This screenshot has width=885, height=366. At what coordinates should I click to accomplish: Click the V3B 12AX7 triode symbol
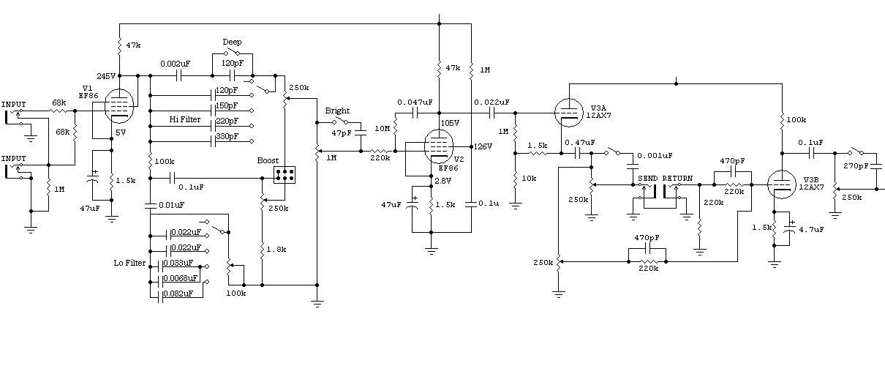tap(782, 179)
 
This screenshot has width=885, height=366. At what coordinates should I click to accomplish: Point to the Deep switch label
tap(232, 42)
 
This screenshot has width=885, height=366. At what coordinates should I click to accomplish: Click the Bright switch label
tap(337, 111)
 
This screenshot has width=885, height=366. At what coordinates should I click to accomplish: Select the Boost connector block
tap(285, 175)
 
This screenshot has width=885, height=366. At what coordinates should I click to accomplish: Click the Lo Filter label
tap(129, 264)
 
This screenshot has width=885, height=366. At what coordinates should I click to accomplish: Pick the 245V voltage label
tap(106, 76)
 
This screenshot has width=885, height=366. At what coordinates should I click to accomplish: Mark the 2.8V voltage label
tap(443, 181)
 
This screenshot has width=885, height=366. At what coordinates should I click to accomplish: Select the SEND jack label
tap(647, 179)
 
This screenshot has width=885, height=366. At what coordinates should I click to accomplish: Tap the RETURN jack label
tap(677, 179)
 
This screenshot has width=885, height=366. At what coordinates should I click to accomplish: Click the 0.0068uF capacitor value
tap(181, 279)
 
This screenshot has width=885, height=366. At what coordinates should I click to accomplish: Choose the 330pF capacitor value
tap(227, 138)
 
